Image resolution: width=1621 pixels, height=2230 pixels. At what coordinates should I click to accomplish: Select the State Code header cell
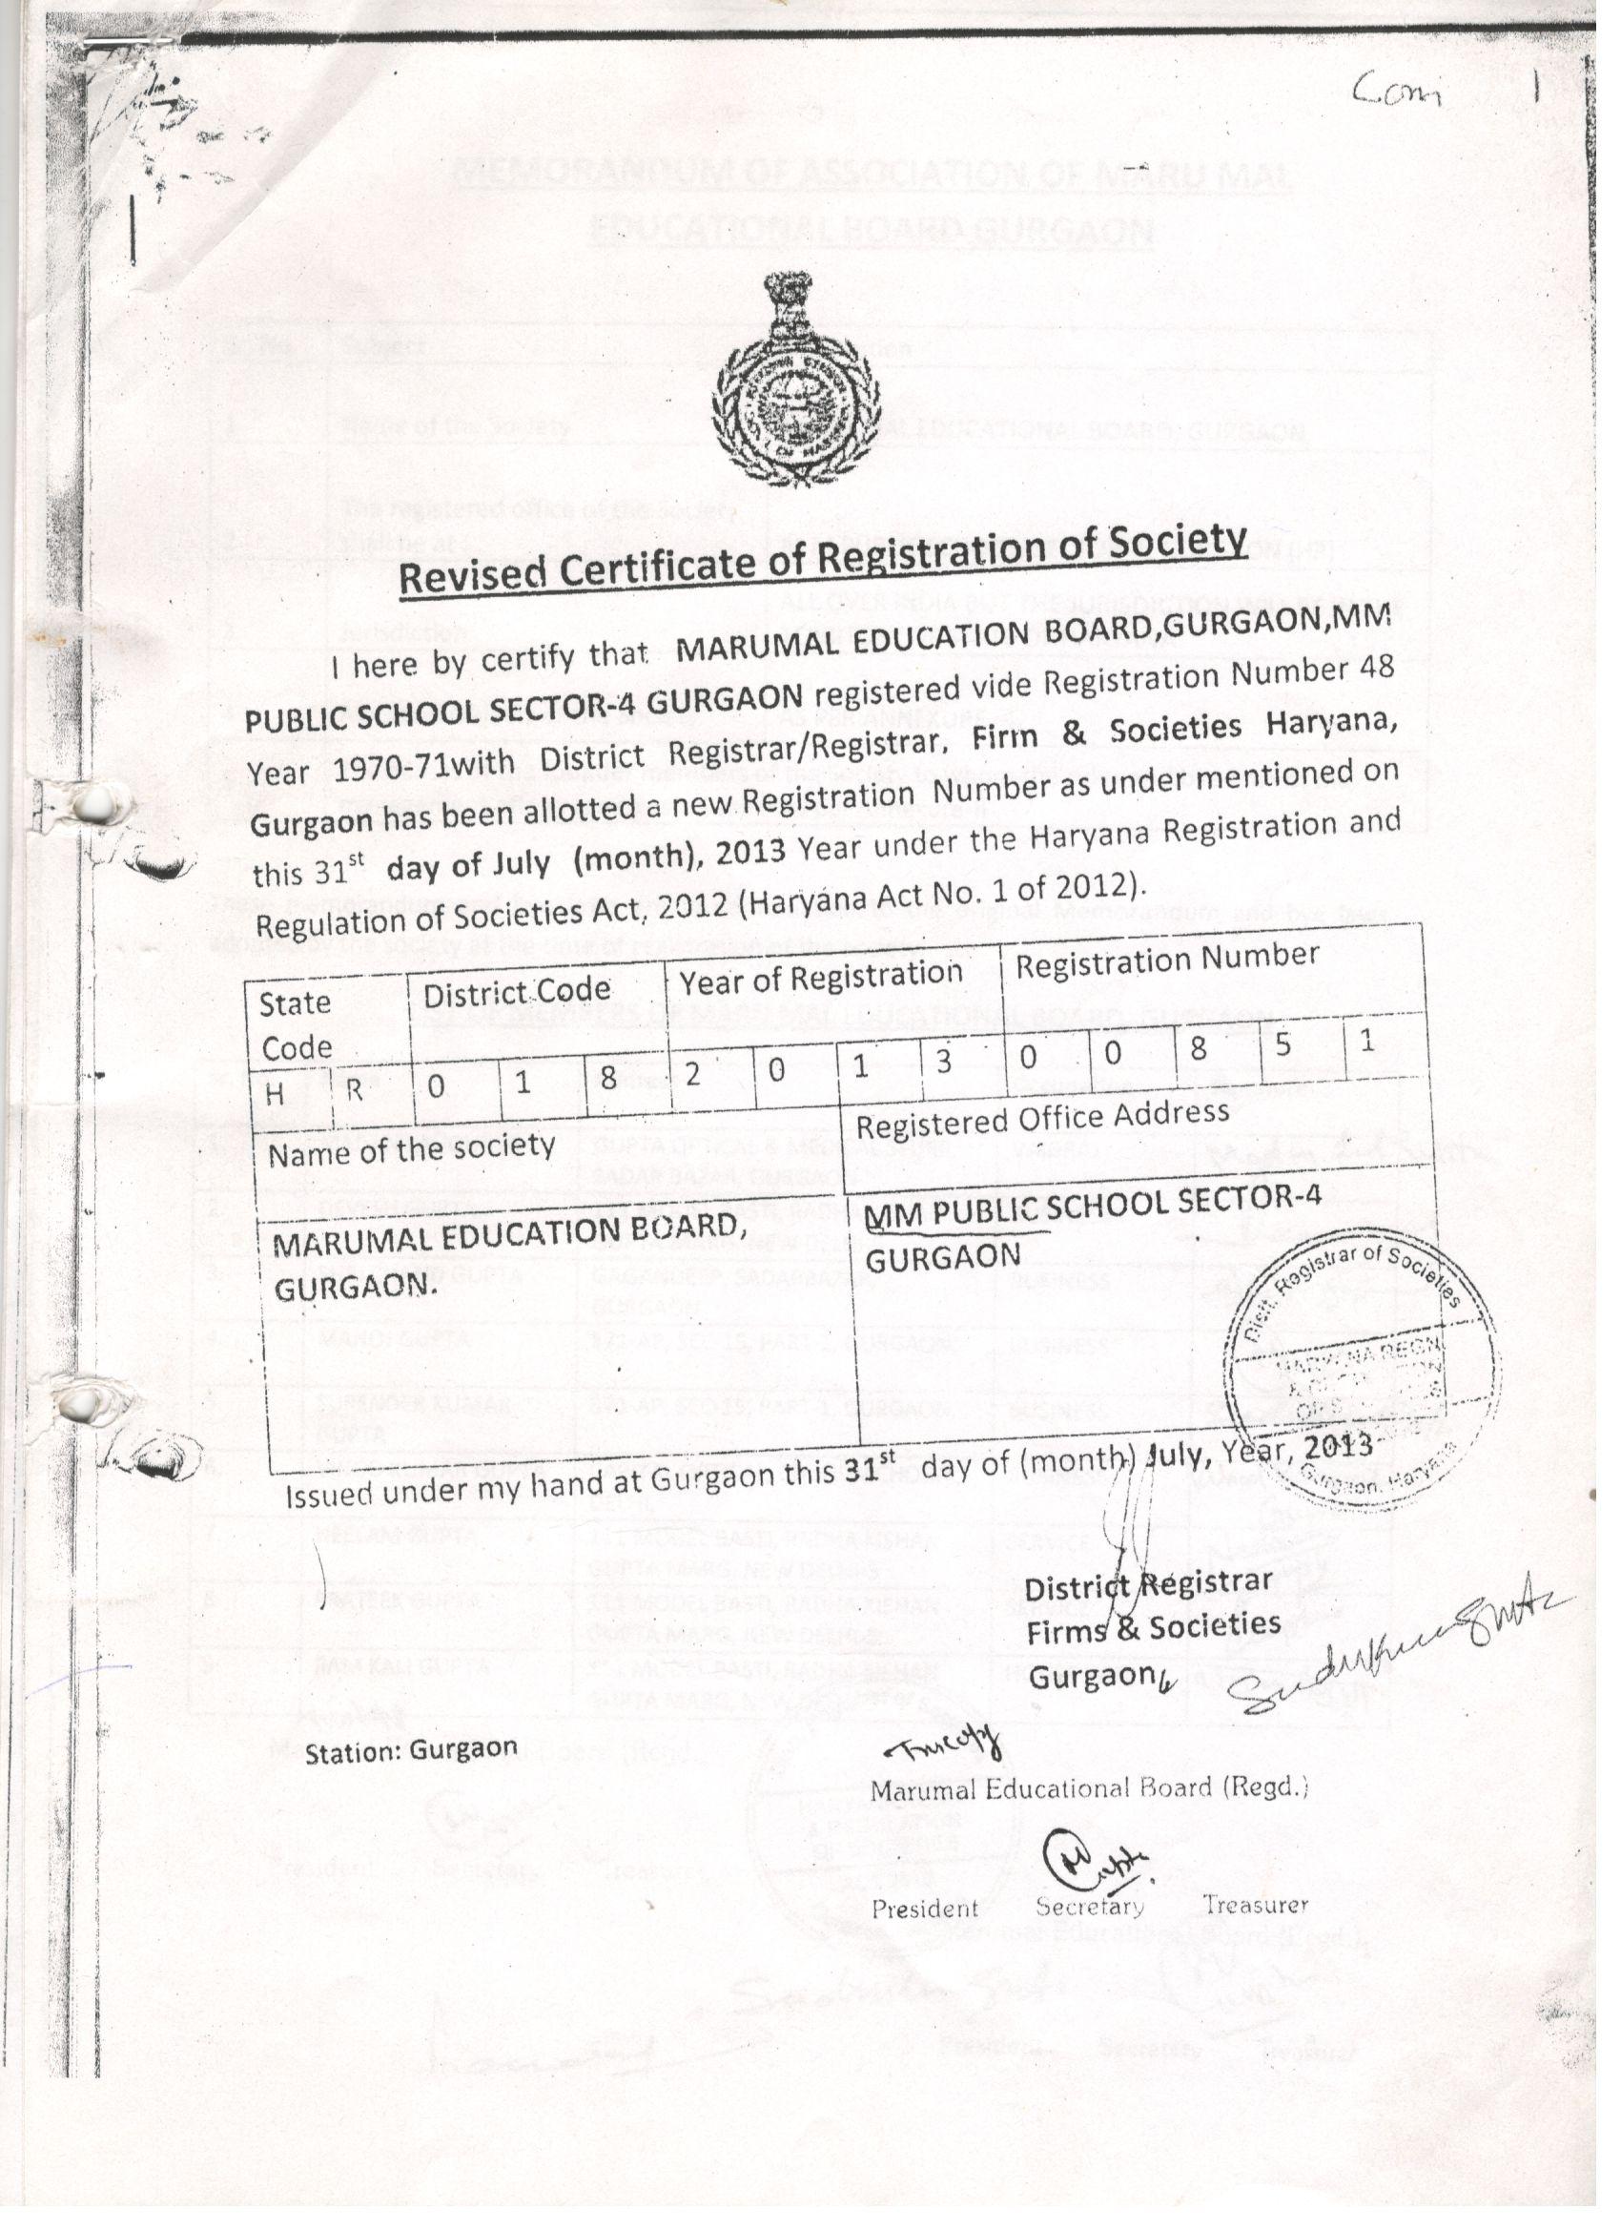(295, 1025)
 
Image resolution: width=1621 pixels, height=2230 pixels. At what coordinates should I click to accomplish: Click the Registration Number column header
(1167, 960)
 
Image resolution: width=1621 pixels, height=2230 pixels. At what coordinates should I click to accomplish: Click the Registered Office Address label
(1042, 1119)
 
